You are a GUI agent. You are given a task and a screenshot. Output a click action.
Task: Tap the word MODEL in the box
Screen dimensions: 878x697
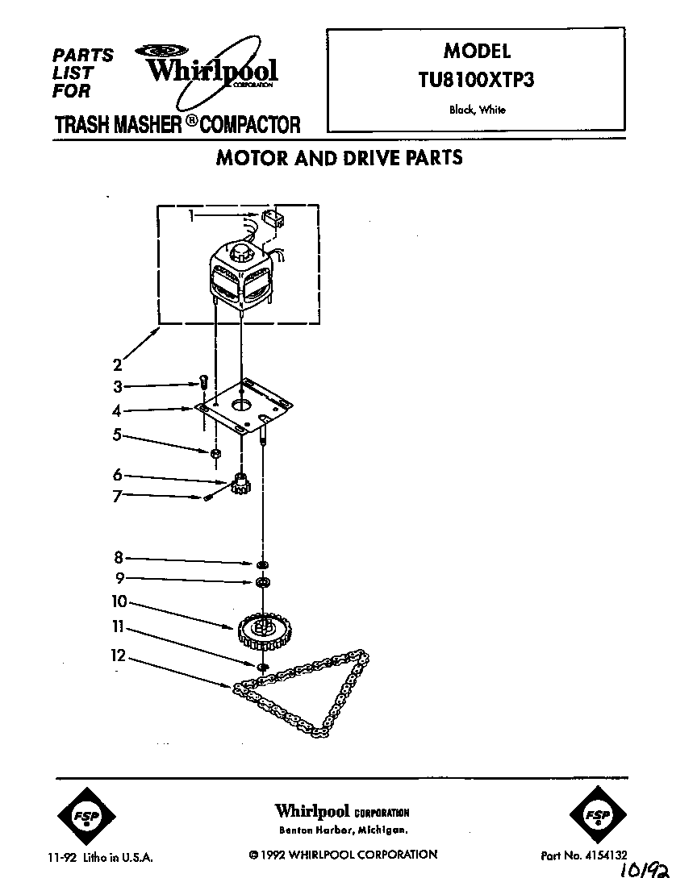pyautogui.click(x=477, y=51)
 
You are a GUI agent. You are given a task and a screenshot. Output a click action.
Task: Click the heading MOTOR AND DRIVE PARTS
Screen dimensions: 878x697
pyautogui.click(x=339, y=157)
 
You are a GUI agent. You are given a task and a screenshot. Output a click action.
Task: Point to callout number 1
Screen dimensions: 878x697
pyautogui.click(x=191, y=215)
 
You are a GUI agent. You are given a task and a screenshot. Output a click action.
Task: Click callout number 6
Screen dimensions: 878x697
pyautogui.click(x=118, y=475)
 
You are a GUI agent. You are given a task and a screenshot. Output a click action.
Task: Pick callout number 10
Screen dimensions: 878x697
pyautogui.click(x=119, y=601)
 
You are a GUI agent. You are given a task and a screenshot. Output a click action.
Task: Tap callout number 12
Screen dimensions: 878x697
pyautogui.click(x=119, y=655)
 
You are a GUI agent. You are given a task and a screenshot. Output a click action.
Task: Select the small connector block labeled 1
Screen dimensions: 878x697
pyautogui.click(x=272, y=218)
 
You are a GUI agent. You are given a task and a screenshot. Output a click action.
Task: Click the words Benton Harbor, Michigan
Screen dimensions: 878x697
pyautogui.click(x=342, y=830)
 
